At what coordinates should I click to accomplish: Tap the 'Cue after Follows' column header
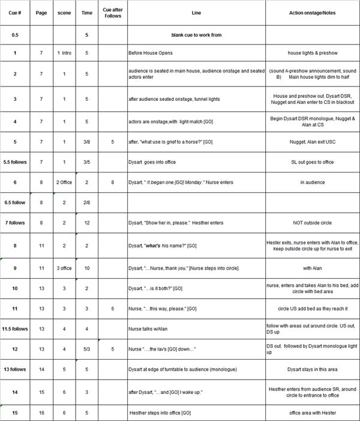point(112,13)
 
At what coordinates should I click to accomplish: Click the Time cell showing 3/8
point(86,144)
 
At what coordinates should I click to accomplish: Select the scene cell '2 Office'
point(64,181)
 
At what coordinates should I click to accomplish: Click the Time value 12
point(86,223)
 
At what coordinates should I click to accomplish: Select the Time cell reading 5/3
point(86,348)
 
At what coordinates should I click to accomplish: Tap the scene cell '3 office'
point(64,268)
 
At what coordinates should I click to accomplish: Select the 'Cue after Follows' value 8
point(112,181)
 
